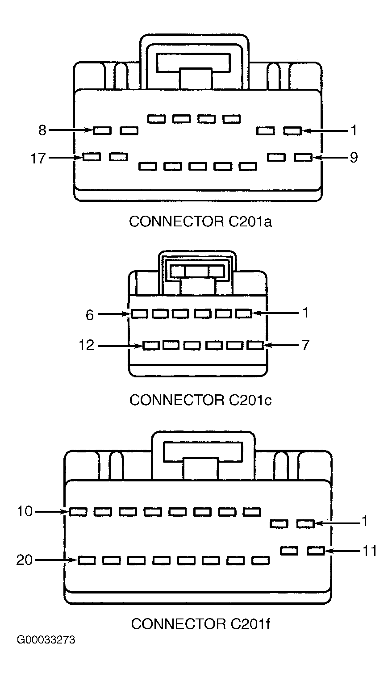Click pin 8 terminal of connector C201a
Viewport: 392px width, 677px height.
click(102, 130)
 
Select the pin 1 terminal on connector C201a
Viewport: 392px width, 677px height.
click(292, 130)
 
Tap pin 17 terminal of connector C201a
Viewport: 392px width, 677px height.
click(92, 157)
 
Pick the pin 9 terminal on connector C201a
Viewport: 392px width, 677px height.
click(304, 157)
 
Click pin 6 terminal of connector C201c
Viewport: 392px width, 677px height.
click(140, 314)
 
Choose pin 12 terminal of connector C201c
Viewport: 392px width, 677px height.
click(151, 345)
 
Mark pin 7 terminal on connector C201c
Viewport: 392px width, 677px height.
click(255, 345)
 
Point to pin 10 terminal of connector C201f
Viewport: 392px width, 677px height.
click(78, 512)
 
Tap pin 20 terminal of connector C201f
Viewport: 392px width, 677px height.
click(87, 560)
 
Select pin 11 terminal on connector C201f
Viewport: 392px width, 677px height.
click(316, 551)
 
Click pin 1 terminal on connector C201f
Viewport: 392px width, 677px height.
click(305, 523)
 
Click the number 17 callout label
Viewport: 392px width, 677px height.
click(38, 158)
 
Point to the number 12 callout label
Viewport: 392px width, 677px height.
click(87, 345)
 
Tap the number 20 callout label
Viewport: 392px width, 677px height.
click(24, 560)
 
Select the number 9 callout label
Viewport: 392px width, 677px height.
click(354, 157)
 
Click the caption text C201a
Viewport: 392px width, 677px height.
click(250, 221)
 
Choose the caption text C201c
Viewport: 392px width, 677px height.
click(250, 400)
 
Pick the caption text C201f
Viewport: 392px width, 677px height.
click(250, 623)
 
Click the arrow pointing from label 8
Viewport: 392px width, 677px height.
click(71, 130)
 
